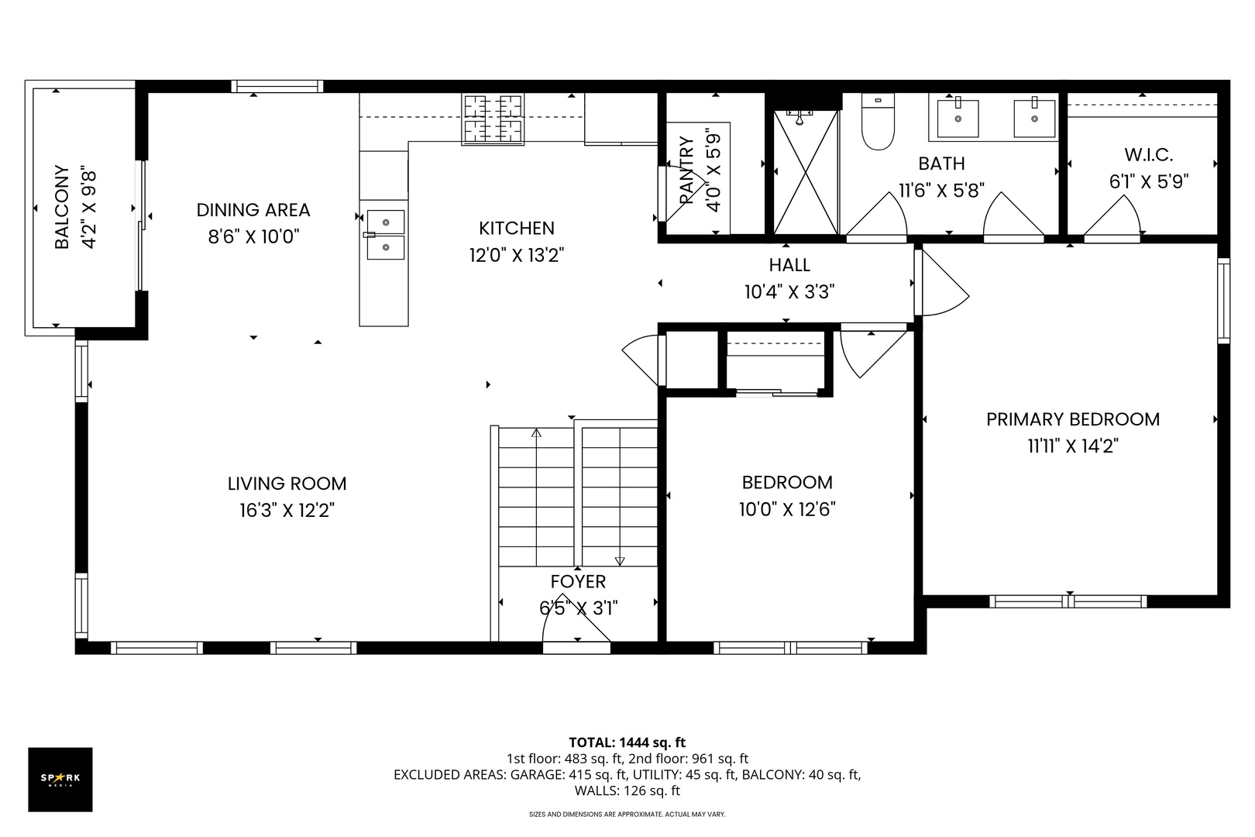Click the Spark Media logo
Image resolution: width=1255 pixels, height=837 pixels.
[60, 779]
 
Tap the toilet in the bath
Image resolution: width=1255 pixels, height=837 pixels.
[878, 122]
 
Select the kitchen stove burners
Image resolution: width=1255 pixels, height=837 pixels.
[493, 119]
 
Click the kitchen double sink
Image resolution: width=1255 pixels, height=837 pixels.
[386, 235]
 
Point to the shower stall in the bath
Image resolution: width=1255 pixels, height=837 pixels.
[806, 172]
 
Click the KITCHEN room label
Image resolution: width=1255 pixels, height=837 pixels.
[517, 228]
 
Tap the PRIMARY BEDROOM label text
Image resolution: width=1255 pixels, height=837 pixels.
[1073, 419]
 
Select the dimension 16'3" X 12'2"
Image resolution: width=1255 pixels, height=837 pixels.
[287, 511]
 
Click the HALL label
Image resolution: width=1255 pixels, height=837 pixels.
[789, 264]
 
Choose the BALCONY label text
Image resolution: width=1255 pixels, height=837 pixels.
[62, 206]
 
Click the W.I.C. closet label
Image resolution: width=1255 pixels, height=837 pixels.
[1149, 155]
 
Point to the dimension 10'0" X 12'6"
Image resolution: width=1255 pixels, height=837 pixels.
[787, 510]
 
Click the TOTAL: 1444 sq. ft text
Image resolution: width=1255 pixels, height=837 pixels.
[627, 742]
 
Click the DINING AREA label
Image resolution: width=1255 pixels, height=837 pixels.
[253, 210]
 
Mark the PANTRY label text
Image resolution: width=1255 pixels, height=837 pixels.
[686, 170]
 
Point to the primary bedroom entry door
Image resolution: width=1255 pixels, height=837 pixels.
[942, 283]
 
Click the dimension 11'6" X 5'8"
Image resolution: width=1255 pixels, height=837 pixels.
[942, 191]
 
